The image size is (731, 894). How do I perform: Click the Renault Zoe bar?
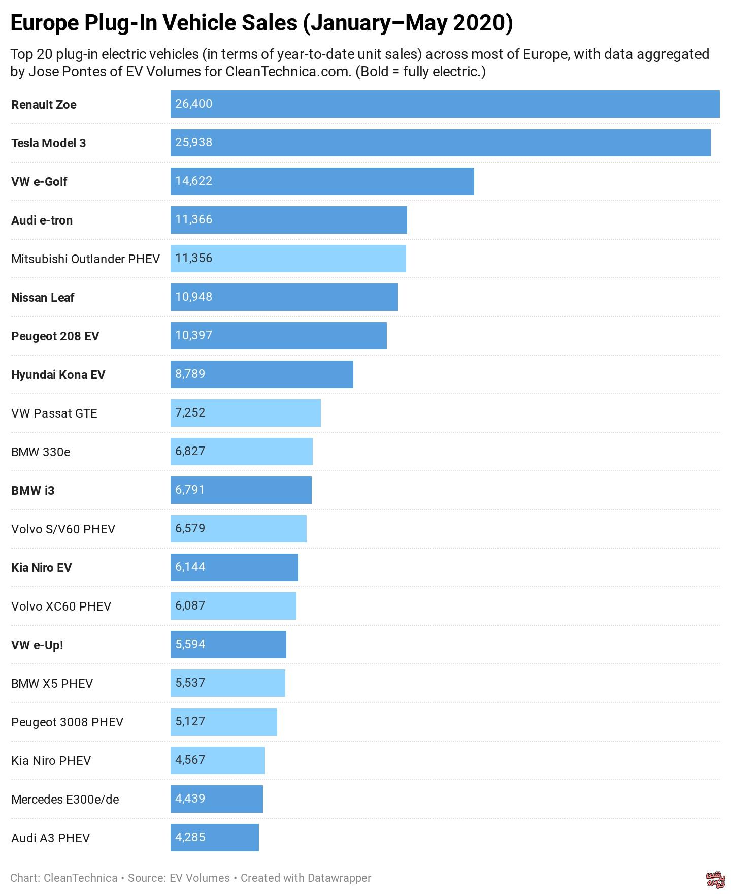445,104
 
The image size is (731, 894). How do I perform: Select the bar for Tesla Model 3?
440,143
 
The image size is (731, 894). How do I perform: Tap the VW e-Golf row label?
39,182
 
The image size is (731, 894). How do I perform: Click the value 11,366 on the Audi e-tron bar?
193,219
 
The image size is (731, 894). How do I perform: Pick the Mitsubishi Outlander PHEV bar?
288,259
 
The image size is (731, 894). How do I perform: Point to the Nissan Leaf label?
43,298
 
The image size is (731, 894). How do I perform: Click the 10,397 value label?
193,335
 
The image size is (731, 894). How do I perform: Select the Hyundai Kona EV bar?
261,374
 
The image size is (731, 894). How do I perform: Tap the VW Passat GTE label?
54,413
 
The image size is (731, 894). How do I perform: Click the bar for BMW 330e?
241,452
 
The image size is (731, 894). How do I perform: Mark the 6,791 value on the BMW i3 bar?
190,490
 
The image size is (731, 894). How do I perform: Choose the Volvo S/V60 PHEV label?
63,529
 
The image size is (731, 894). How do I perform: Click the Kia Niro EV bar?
234,567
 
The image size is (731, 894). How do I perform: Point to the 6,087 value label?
190,605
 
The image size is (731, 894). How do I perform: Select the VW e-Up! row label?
37,645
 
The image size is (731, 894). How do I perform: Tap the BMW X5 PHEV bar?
227,683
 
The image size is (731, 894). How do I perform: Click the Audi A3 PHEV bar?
214,838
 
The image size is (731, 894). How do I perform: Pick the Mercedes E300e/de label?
65,800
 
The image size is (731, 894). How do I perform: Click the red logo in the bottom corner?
715,880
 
